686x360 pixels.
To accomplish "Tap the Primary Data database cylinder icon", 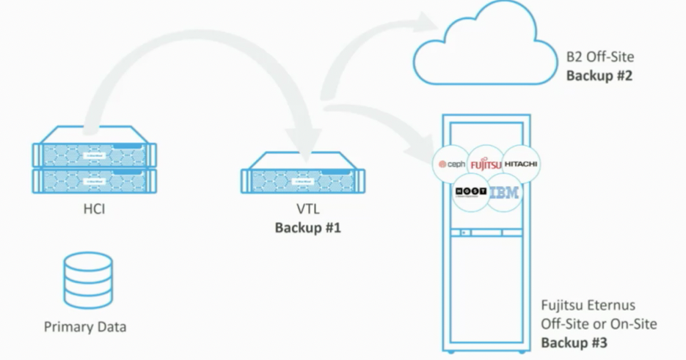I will pyautogui.click(x=88, y=280).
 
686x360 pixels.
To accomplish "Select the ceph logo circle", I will pyautogui.click(x=452, y=164).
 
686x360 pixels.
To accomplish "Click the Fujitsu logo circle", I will pyautogui.click(x=486, y=164).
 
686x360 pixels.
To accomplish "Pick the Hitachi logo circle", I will pyautogui.click(x=521, y=164).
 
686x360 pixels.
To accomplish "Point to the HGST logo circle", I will pyautogui.click(x=469, y=192).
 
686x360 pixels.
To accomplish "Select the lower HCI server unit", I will pyautogui.click(x=95, y=180).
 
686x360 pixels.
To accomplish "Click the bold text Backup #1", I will pyautogui.click(x=307, y=228).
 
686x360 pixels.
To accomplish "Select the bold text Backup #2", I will pyautogui.click(x=599, y=75).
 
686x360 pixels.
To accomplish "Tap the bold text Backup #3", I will pyautogui.click(x=574, y=342).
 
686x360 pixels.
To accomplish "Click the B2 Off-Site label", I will pyautogui.click(x=599, y=57).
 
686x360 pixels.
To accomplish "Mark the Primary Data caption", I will pyautogui.click(x=85, y=326).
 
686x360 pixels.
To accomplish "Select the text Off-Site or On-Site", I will pyautogui.click(x=599, y=324).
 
